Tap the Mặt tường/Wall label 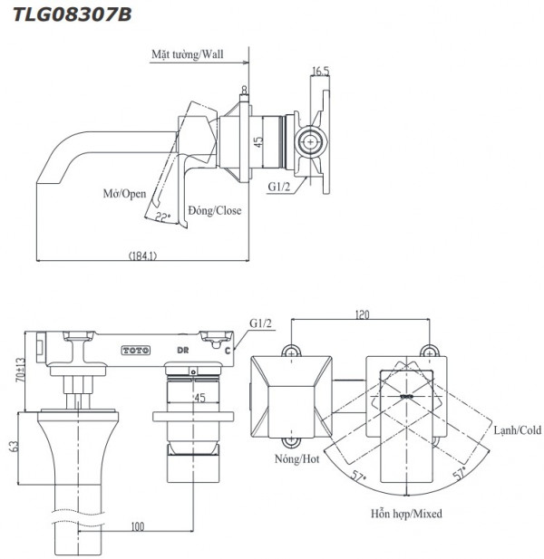tap(187, 54)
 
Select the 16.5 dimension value tap(319, 72)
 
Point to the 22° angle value tap(163, 216)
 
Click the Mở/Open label tap(124, 194)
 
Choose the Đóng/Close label tap(215, 210)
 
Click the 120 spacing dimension tap(360, 316)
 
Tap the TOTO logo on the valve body tap(133, 349)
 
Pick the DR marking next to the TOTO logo tap(182, 349)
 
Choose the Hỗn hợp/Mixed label tap(406, 514)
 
